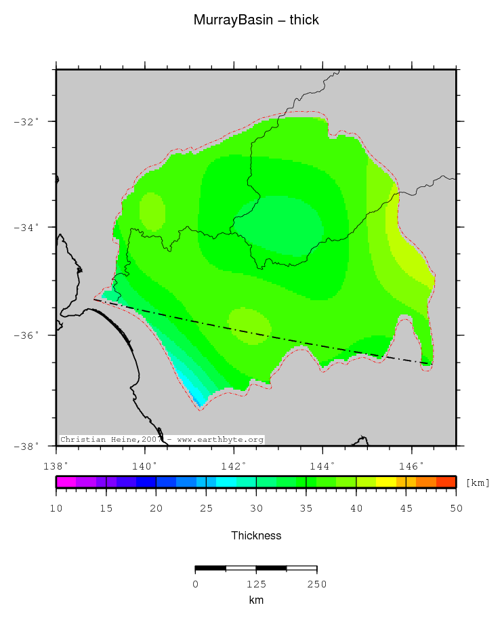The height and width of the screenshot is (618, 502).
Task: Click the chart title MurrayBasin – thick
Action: click(256, 20)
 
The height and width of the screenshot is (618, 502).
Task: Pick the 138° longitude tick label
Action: click(56, 466)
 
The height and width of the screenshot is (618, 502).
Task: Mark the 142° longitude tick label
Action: click(234, 466)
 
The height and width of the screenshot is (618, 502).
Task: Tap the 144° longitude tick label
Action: click(322, 466)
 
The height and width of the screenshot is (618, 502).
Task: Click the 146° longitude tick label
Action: click(411, 466)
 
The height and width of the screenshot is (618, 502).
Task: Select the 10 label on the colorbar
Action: click(56, 508)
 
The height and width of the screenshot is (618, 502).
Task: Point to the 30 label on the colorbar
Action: click(256, 508)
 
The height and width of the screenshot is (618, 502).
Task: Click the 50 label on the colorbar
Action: click(455, 508)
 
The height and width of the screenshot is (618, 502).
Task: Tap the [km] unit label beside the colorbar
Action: click(478, 482)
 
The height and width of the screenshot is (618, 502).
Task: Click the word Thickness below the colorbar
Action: click(256, 536)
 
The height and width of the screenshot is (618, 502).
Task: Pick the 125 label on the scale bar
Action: click(256, 584)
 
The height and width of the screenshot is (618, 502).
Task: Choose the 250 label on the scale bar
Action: click(316, 584)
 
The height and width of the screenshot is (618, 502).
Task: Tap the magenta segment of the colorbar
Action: click(66, 482)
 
